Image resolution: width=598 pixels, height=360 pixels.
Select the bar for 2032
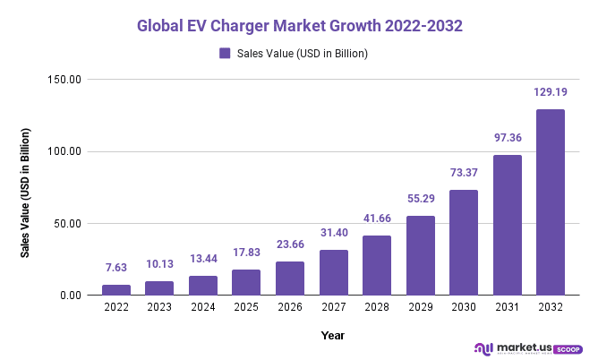[551, 202]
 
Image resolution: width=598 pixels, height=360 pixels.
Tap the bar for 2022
[116, 289]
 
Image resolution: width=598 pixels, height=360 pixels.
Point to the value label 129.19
[551, 92]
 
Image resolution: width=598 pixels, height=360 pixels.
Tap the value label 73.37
[464, 173]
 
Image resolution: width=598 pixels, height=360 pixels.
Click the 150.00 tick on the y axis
[65, 80]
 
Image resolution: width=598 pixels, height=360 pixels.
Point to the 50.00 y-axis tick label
[68, 224]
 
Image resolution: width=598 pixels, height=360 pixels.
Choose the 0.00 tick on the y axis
[71, 296]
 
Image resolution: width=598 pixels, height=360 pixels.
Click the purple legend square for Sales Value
[225, 53]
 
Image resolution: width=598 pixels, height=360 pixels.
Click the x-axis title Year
[333, 335]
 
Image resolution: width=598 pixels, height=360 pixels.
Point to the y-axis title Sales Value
[26, 193]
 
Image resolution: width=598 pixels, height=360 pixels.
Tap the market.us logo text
[521, 347]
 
